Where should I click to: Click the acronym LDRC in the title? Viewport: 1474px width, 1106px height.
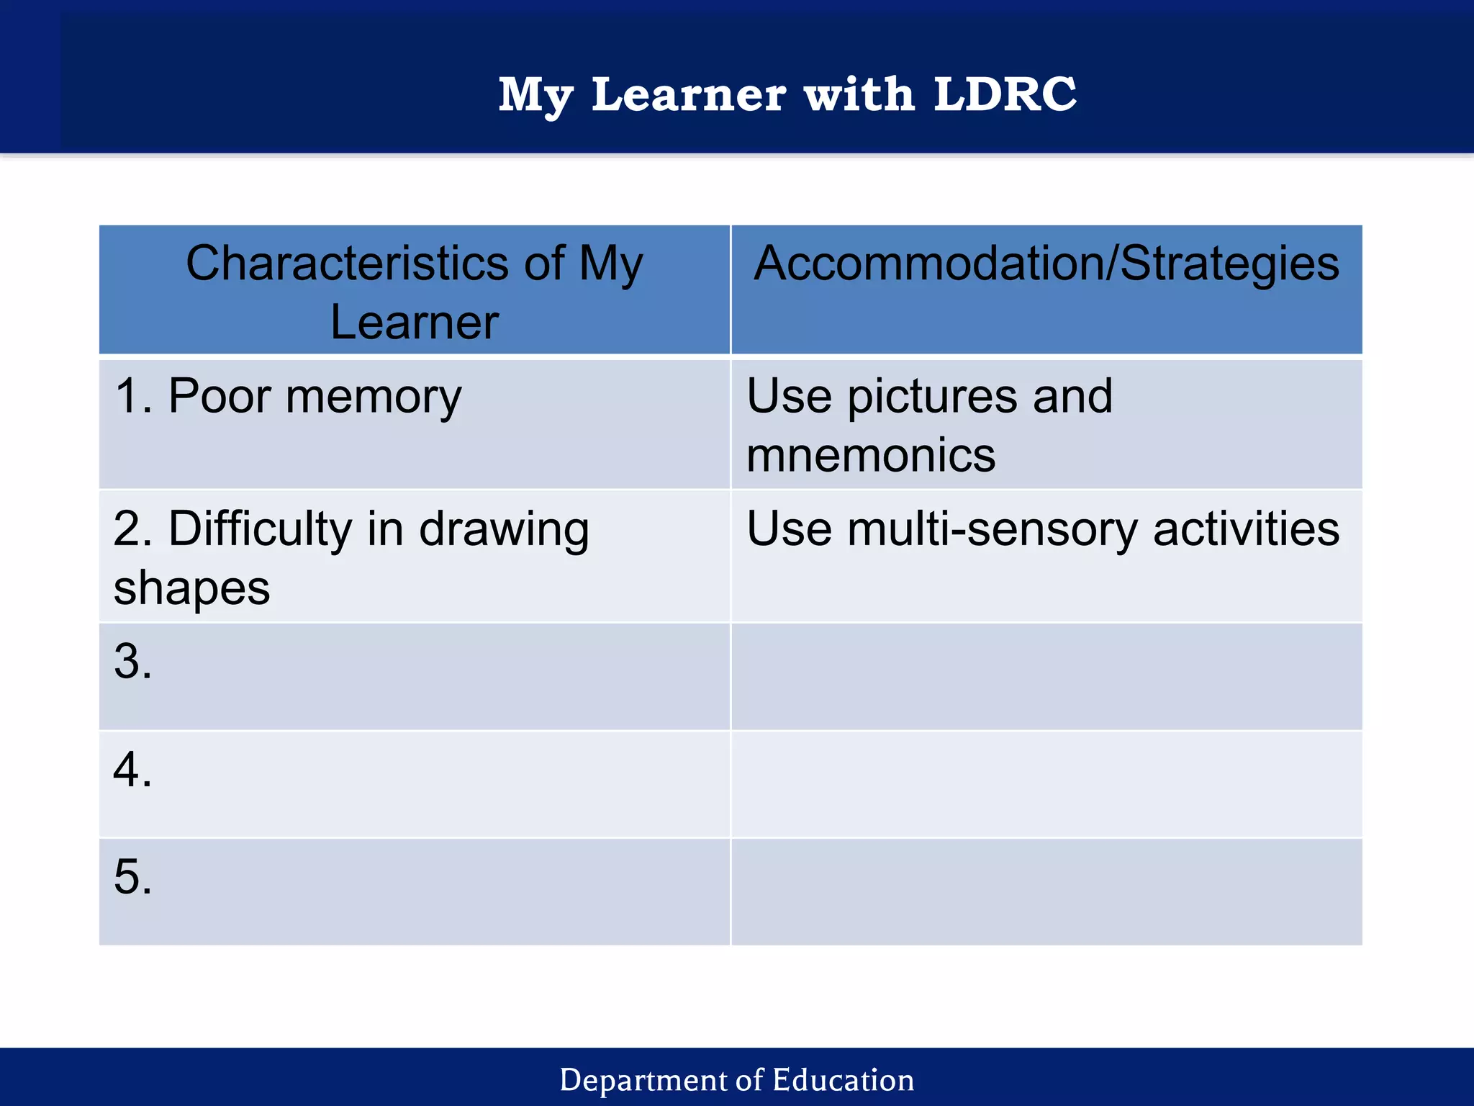[x=1005, y=94]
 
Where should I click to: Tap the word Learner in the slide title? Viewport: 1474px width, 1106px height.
[x=689, y=94]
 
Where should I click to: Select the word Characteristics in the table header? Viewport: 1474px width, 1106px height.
[x=348, y=263]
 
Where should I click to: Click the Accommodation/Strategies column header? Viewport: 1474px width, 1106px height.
[x=1046, y=263]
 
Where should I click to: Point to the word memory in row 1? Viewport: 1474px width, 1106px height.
[x=374, y=397]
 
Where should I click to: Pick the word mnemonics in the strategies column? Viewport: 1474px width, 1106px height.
[x=871, y=455]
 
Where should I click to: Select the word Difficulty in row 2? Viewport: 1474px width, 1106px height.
[x=260, y=529]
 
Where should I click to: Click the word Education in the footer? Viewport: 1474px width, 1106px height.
[x=843, y=1080]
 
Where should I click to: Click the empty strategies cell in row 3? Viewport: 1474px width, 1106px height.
[x=1046, y=677]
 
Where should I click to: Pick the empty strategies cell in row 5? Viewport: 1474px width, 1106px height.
[x=1046, y=891]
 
